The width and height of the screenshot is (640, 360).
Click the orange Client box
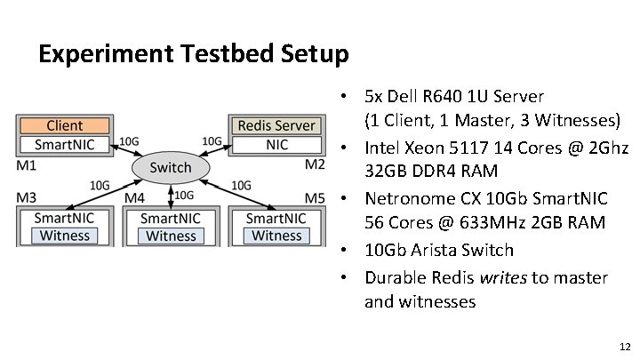tap(65, 126)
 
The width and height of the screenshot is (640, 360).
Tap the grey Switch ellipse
tap(170, 167)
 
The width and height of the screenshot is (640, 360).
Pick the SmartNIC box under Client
tap(65, 144)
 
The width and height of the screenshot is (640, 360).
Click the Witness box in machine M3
tap(65, 236)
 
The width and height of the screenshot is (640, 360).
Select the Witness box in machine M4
tap(171, 236)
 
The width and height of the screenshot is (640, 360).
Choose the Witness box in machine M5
tap(276, 236)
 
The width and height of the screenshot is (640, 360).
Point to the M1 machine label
tap(26, 164)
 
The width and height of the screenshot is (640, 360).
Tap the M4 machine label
tap(135, 196)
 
